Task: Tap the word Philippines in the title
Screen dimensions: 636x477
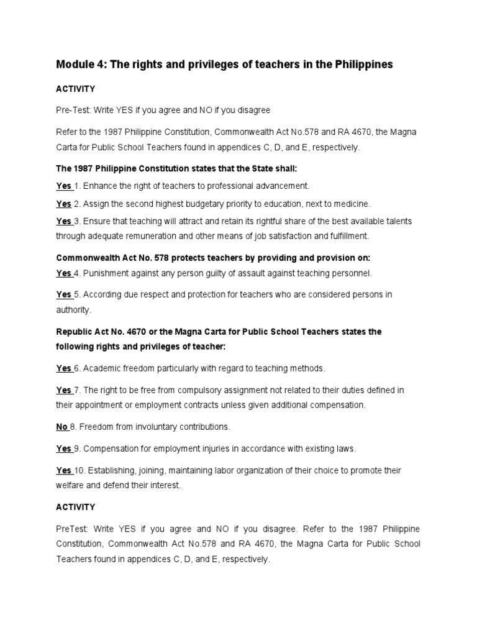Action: point(361,65)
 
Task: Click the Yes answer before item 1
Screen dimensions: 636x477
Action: point(63,186)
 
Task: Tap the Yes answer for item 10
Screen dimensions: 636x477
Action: point(63,471)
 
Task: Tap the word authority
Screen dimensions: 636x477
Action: point(73,309)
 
